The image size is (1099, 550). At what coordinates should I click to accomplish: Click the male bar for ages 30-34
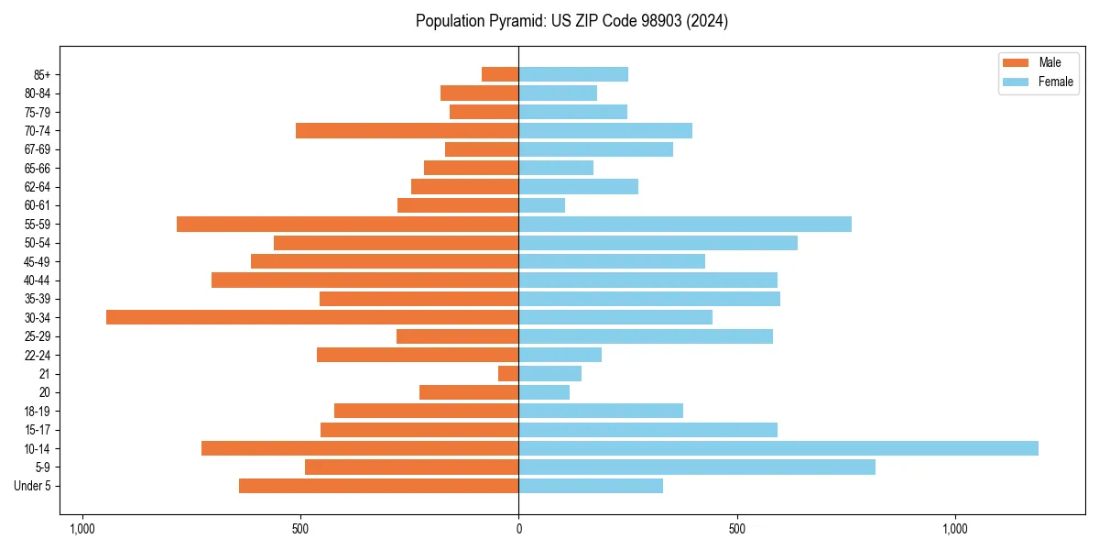click(x=312, y=317)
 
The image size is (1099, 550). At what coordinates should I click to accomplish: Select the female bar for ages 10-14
click(x=778, y=448)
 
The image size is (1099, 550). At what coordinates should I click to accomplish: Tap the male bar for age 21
click(x=508, y=374)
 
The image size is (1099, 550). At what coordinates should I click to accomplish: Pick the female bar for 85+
click(x=573, y=74)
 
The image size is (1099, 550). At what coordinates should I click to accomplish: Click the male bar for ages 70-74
click(x=407, y=130)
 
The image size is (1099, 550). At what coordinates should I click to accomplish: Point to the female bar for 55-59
click(x=685, y=224)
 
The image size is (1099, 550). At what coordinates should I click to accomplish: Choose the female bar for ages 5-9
click(x=697, y=467)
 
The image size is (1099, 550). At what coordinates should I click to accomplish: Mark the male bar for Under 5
click(x=378, y=486)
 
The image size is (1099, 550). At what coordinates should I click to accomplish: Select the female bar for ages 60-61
click(x=542, y=205)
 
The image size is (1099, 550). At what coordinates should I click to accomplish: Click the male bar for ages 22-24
click(x=418, y=355)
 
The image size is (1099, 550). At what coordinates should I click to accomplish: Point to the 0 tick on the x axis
click(x=519, y=529)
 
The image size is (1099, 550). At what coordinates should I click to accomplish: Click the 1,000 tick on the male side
click(x=82, y=529)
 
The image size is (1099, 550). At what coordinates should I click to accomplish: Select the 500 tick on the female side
click(x=737, y=529)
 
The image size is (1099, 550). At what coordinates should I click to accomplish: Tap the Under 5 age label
click(x=32, y=486)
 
